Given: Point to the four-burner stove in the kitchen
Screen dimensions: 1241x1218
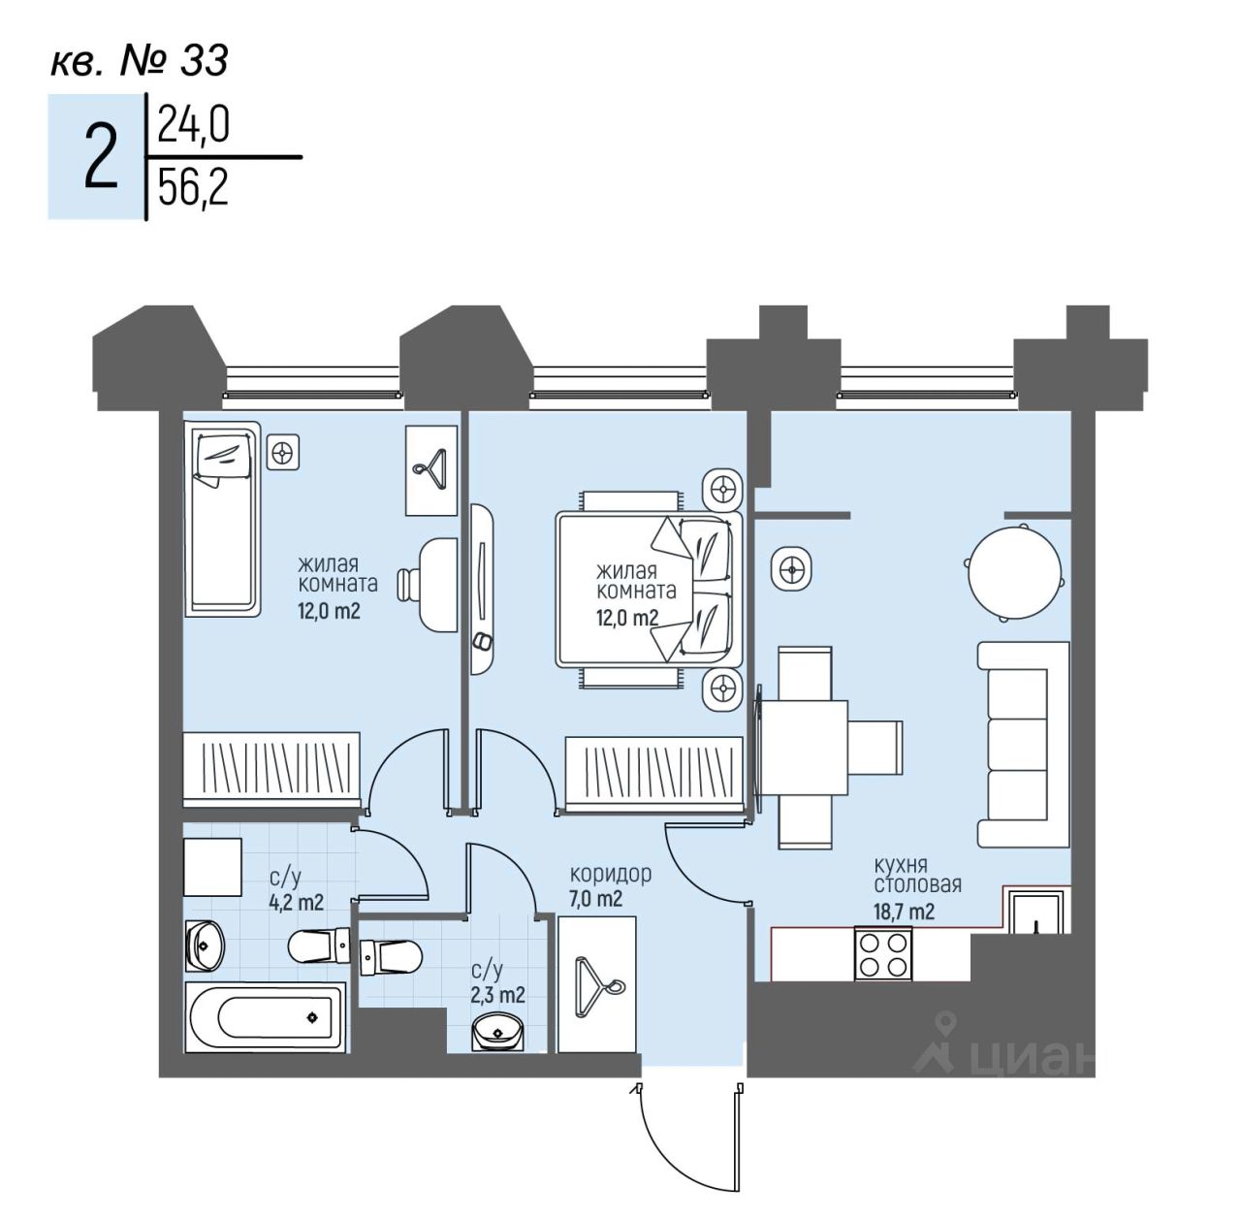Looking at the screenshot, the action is click(x=882, y=953).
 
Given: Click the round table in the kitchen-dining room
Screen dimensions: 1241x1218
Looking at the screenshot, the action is click(x=1014, y=571).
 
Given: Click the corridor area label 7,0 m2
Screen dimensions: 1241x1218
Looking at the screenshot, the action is click(x=595, y=899).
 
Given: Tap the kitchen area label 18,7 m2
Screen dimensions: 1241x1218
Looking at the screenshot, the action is click(x=904, y=911).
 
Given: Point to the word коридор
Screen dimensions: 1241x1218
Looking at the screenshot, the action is click(x=610, y=874).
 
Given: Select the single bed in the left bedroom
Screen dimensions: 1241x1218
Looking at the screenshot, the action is click(x=223, y=518).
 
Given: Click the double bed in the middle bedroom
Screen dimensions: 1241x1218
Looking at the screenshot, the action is click(x=648, y=589).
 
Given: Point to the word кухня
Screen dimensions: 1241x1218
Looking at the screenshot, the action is click(x=901, y=864).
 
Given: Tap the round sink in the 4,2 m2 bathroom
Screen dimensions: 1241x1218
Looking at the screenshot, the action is click(x=205, y=941).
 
